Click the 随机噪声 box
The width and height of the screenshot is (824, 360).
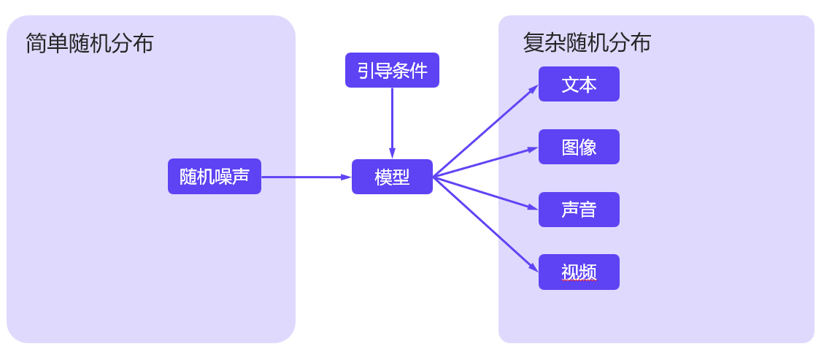click(214, 176)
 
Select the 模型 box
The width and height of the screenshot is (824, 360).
click(392, 177)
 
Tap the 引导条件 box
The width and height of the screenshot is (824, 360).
click(392, 70)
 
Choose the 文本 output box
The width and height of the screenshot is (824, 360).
click(579, 84)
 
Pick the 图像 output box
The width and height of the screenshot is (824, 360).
click(579, 147)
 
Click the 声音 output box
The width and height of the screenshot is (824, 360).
click(579, 210)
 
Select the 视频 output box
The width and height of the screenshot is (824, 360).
click(579, 272)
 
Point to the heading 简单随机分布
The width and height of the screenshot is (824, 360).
click(89, 43)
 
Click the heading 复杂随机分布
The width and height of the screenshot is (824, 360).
click(587, 43)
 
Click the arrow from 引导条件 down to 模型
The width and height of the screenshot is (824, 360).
click(392, 120)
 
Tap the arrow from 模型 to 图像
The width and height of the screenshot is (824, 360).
click(485, 162)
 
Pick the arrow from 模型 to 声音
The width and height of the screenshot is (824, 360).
click(485, 193)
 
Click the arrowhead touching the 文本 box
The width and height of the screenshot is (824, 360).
click(534, 88)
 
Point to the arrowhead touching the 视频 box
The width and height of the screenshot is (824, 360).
click(534, 269)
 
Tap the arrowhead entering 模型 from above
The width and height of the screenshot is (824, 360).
click(392, 153)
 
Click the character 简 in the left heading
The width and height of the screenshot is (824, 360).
click(36, 43)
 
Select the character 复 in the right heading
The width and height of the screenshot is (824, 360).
click(534, 43)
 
